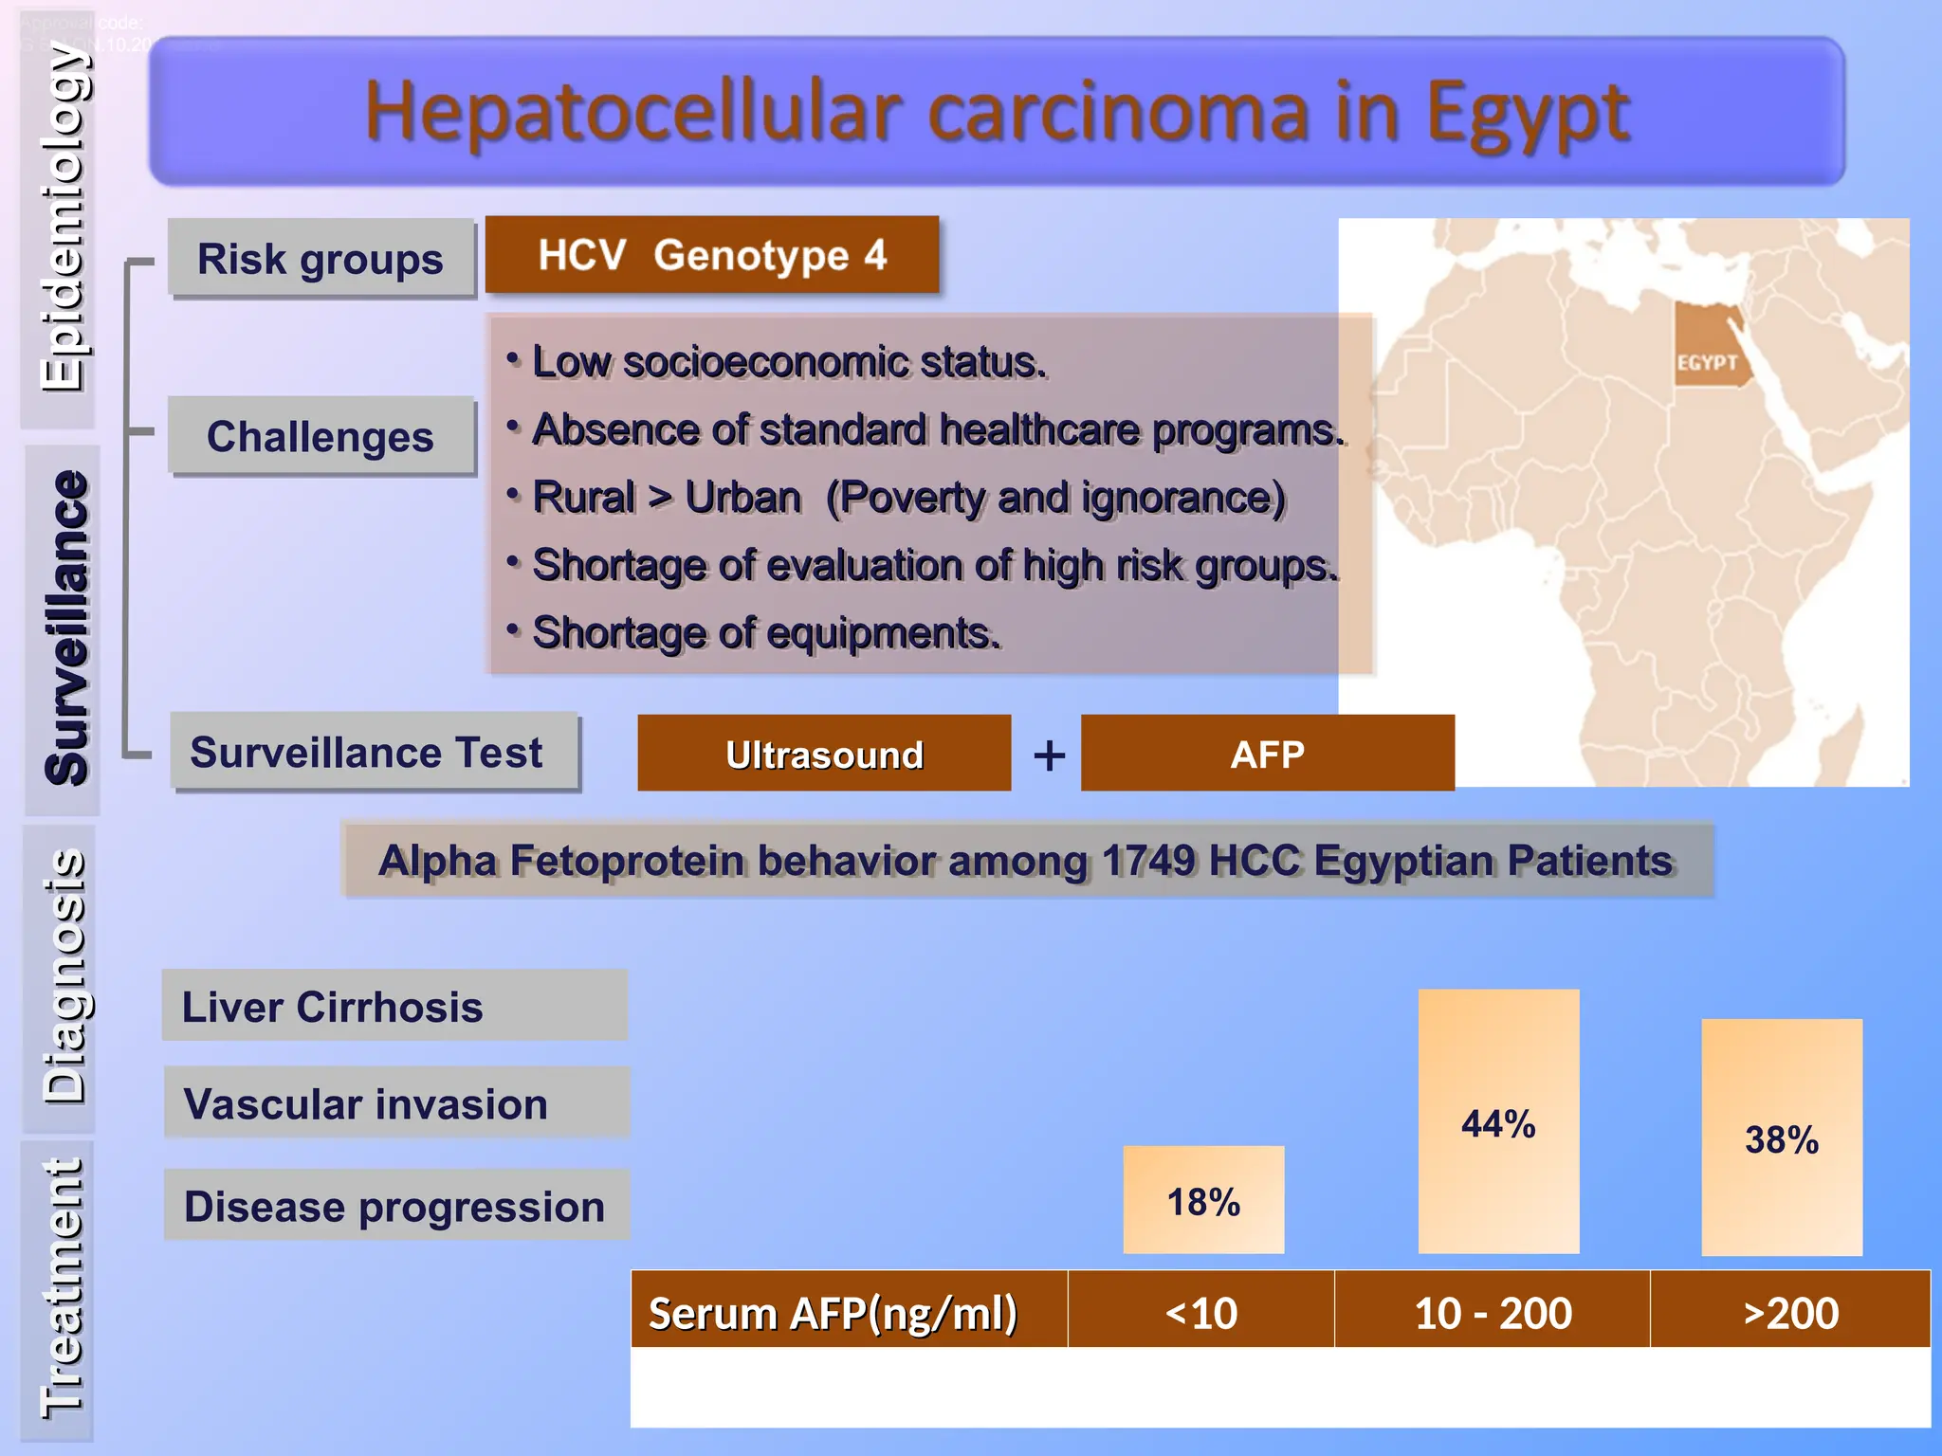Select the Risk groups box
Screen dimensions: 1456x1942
tap(321, 259)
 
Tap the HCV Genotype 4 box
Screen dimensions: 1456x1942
tap(712, 254)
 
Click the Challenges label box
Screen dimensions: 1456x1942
tap(321, 436)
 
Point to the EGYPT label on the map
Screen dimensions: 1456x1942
tap(1707, 363)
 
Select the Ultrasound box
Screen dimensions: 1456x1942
tap(824, 754)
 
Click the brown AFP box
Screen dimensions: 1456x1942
tap(1267, 754)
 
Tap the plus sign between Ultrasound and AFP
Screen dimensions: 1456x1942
tap(1049, 755)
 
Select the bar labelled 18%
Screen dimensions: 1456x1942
tap(1203, 1200)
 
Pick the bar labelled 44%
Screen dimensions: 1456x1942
tap(1498, 1122)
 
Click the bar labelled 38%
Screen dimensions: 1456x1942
tap(1781, 1137)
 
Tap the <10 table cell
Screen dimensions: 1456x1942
tap(1200, 1312)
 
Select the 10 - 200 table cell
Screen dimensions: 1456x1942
tap(1492, 1312)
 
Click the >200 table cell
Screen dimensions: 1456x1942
tap(1790, 1312)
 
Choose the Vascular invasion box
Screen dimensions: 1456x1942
tap(396, 1103)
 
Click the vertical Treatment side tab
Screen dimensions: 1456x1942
tap(59, 1289)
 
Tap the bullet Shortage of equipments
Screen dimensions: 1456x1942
tap(766, 632)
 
